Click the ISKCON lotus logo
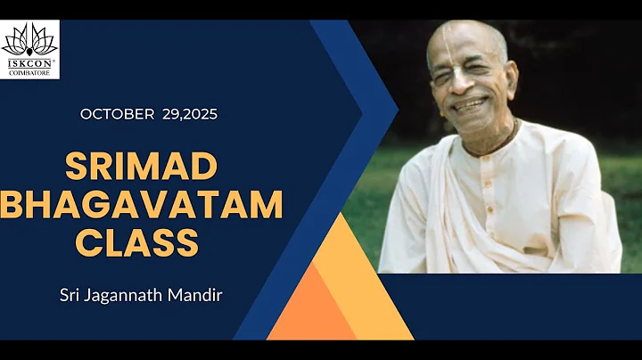[29, 40]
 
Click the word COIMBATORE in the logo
[29, 72]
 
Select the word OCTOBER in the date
[117, 114]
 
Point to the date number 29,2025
[190, 114]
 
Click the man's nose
[465, 83]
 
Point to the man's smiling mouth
[471, 104]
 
